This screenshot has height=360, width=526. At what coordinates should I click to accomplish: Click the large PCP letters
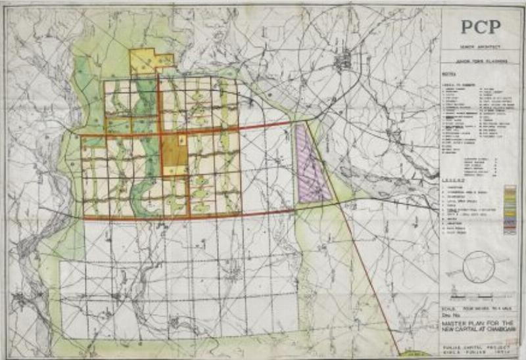point(481,27)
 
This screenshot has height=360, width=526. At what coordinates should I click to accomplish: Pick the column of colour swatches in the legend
point(509,210)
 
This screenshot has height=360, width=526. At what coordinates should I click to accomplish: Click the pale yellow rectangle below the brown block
point(174,170)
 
